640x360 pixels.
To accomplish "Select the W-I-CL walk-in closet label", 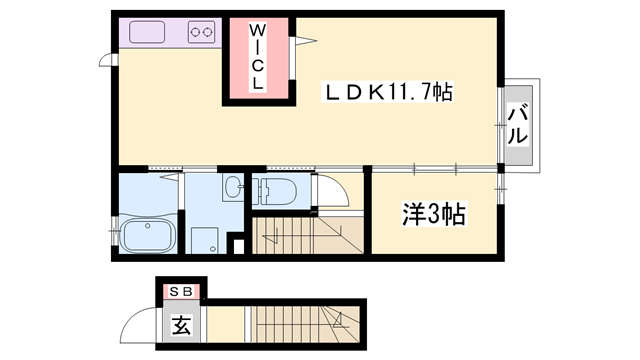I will pyautogui.click(x=258, y=59).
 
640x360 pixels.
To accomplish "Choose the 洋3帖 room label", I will pyautogui.click(x=435, y=214).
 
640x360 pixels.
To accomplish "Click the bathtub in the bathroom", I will pyautogui.click(x=149, y=237).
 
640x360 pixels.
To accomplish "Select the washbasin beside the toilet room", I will pyautogui.click(x=232, y=187).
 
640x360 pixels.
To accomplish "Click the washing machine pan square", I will pyautogui.click(x=205, y=238).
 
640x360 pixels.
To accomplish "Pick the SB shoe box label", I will pyautogui.click(x=182, y=291).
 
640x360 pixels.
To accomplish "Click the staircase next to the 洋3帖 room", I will pyautogui.click(x=309, y=236).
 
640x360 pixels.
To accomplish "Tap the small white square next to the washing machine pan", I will pyautogui.click(x=237, y=243).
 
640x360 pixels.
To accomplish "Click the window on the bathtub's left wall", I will pyautogui.click(x=114, y=230).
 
